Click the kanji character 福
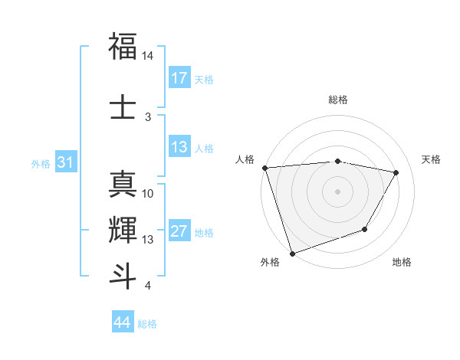[123, 45]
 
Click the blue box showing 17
[179, 78]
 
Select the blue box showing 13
[179, 148]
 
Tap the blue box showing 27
[179, 232]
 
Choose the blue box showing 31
[67, 163]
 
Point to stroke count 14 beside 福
[148, 56]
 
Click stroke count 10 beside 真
[148, 194]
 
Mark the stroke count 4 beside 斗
[147, 286]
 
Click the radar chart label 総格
[338, 100]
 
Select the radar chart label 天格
[431, 159]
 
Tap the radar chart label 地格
[402, 262]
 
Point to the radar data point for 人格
[264, 168]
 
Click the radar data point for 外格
[292, 253]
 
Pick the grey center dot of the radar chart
[337, 191]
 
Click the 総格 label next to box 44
[147, 324]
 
